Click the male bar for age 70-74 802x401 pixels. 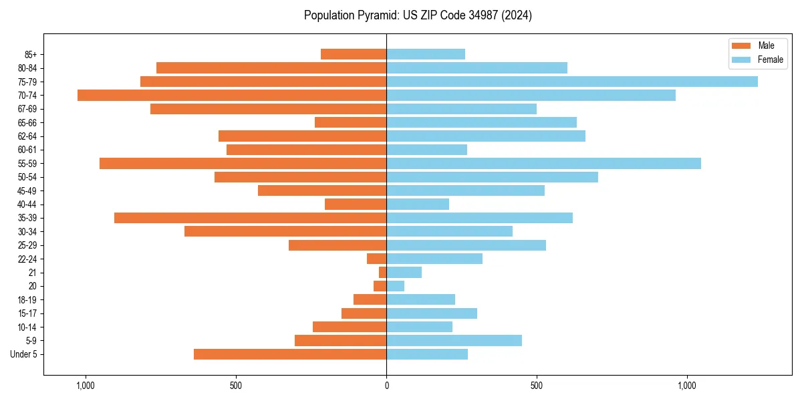232,96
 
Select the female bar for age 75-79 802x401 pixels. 572,82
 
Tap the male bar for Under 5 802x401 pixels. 290,354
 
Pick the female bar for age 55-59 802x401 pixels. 543,164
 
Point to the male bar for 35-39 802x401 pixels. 250,218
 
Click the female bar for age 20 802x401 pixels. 395,286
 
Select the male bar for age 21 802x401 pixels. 382,273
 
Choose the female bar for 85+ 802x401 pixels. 426,54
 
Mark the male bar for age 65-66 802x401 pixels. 350,122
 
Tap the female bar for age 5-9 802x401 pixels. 454,341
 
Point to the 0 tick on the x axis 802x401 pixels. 386,386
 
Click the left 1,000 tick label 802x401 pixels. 86,386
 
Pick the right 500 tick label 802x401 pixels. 536,386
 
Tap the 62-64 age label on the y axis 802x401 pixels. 27,136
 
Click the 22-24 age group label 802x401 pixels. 27,259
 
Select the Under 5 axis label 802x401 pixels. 24,354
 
